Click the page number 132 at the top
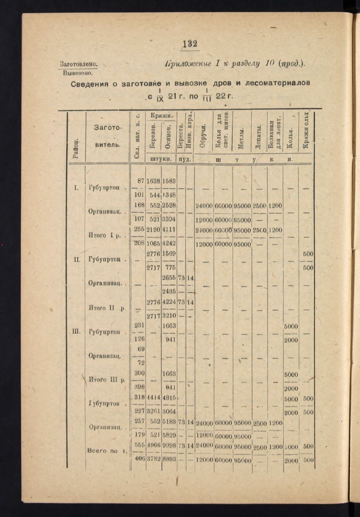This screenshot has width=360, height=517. coord(190,44)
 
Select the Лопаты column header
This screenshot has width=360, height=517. coord(259,138)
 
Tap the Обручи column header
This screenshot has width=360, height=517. coord(203,137)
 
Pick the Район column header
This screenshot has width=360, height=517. coord(76,149)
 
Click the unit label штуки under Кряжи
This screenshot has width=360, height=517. coord(160,159)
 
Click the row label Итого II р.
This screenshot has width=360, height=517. coord(106,308)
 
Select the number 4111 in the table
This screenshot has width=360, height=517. coord(168,229)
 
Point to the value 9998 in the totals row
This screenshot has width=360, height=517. coord(168,447)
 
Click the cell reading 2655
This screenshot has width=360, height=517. coord(168,278)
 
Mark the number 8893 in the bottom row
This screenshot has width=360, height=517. coord(168,459)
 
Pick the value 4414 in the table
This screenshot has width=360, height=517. coord(154,398)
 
